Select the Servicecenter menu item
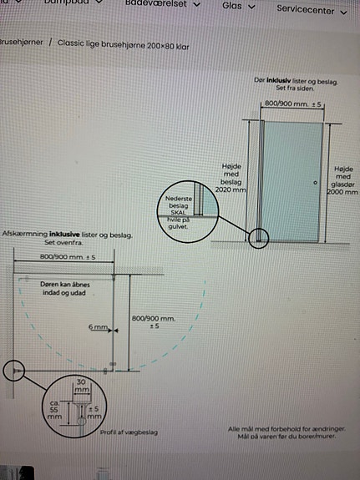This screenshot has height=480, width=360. (x=306, y=11)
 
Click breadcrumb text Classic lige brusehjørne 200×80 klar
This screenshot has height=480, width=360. (x=123, y=43)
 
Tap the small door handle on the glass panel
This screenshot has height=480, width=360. (x=315, y=182)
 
